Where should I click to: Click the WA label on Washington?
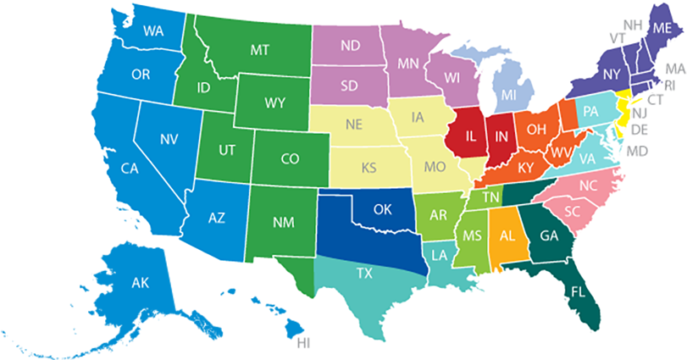pos(153,31)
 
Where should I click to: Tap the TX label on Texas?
pos(364,273)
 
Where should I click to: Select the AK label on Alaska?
pos(140,283)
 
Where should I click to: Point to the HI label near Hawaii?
pos(303,343)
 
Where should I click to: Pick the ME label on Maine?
pos(662,28)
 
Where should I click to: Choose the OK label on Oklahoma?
pos(382,208)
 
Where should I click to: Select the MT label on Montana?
pos(260,50)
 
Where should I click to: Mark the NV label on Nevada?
pos(169,138)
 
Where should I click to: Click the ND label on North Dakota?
pos(348,46)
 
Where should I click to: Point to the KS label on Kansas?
pos(369,168)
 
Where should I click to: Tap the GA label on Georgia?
pos(548,235)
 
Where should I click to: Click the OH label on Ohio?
pos(536,129)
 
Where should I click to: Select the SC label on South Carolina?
pos(572,211)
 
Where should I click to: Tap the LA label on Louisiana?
pos(440,254)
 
